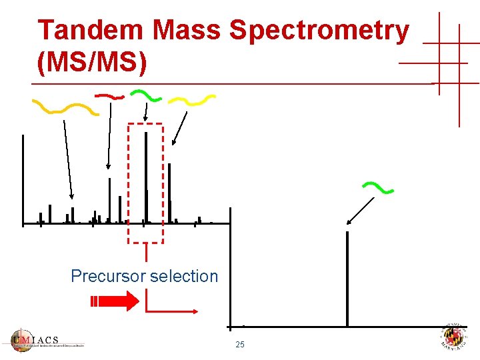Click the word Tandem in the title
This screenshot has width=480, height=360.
pos(91,31)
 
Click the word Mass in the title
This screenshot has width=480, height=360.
pos(189,31)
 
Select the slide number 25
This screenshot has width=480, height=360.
pos(240,345)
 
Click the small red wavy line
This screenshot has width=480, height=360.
pos(109,96)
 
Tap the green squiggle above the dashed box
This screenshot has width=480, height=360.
pos(145,95)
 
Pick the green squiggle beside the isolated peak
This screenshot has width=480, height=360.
pos(377,188)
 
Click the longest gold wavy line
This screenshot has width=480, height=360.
pos(65,107)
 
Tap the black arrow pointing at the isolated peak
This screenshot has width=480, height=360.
pos(361,211)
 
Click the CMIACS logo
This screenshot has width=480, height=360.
pos(47,340)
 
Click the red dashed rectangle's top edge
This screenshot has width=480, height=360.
pos(145,124)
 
